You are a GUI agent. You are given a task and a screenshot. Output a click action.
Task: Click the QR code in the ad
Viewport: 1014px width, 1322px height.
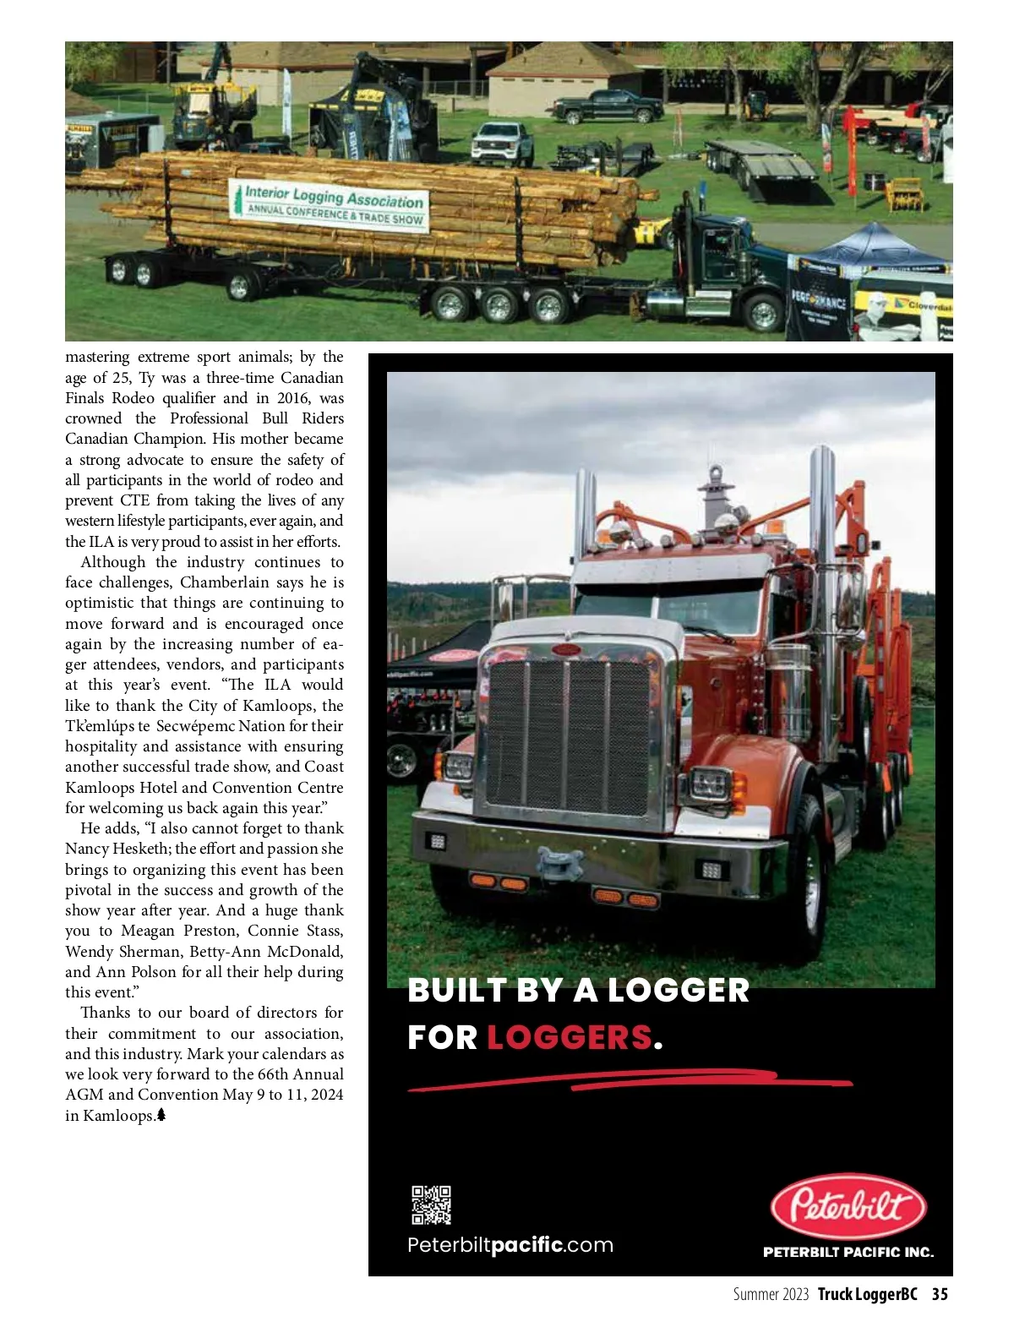click(x=431, y=1205)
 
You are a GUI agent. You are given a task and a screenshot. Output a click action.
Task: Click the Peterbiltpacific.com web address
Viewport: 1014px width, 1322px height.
click(x=510, y=1245)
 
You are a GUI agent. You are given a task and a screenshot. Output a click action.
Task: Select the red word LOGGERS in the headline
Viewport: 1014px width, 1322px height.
click(x=569, y=1037)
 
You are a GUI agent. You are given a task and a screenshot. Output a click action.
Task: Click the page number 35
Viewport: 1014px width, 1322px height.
click(x=940, y=1294)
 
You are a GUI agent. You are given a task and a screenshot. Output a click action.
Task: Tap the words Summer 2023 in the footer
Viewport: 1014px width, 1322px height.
click(x=771, y=1294)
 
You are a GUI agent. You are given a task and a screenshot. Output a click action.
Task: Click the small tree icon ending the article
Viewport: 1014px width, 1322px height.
click(x=161, y=1115)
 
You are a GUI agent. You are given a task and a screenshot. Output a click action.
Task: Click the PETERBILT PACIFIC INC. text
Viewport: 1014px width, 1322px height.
click(x=848, y=1252)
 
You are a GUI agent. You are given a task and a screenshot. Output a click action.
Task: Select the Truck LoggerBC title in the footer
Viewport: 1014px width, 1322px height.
click(x=867, y=1294)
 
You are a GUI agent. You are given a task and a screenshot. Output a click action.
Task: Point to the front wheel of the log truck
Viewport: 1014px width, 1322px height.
click(x=764, y=314)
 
